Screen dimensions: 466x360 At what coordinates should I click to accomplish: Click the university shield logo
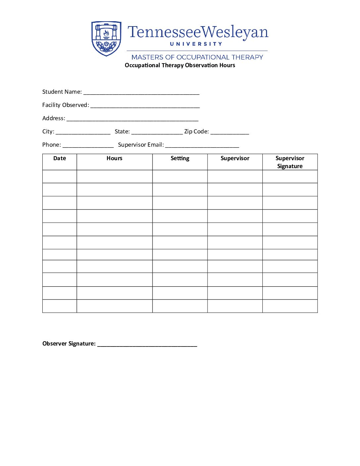click(x=106, y=38)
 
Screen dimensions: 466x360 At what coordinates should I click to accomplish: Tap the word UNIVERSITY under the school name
click(x=196, y=44)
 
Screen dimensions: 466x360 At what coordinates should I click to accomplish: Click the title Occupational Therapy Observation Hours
click(x=180, y=65)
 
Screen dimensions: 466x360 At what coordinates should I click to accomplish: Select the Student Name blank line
click(x=141, y=93)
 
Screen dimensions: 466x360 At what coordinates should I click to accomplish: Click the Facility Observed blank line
click(x=145, y=106)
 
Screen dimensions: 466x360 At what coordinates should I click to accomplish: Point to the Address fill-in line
click(x=132, y=119)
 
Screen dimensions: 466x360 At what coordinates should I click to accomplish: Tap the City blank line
click(x=83, y=133)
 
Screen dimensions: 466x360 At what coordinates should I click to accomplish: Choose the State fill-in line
click(x=157, y=133)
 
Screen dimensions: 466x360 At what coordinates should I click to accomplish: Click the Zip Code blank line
click(x=230, y=133)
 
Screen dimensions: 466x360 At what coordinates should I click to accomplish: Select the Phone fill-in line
click(x=88, y=146)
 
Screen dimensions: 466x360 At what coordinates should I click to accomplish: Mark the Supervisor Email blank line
click(x=202, y=146)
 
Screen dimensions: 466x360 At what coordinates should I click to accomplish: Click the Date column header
click(x=60, y=158)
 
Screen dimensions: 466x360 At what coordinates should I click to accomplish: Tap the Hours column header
click(x=114, y=158)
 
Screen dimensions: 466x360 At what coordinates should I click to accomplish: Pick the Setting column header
click(x=180, y=158)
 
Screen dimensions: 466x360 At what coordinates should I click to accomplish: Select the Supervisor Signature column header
click(x=290, y=162)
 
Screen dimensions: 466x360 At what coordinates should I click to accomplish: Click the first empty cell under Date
click(x=60, y=176)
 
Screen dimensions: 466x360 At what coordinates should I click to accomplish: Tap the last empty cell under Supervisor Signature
click(x=290, y=306)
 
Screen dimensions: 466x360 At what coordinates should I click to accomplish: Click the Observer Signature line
click(x=147, y=345)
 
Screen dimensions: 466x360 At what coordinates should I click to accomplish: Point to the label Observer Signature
click(x=69, y=344)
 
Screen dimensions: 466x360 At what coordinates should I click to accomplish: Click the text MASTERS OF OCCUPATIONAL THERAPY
click(x=197, y=57)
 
